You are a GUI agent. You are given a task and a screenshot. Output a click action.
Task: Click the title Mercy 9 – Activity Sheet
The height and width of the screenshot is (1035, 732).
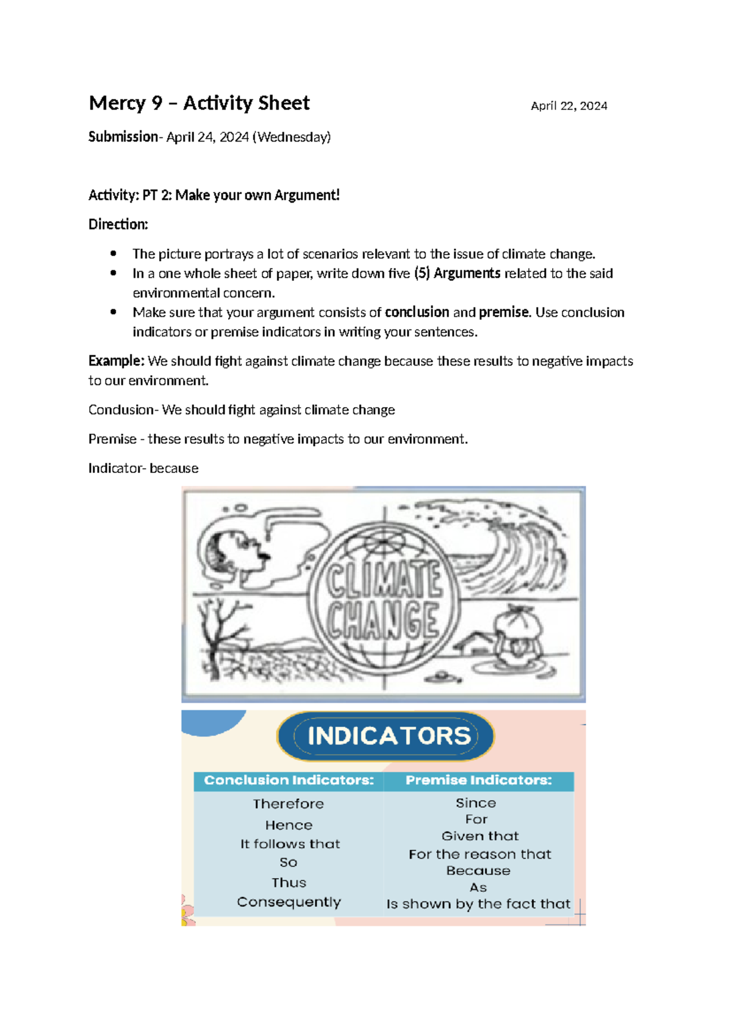pyautogui.click(x=199, y=103)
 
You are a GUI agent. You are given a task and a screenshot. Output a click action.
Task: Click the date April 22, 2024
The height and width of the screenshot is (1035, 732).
pyautogui.click(x=569, y=106)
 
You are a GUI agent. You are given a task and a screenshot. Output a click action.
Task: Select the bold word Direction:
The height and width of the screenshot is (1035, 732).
pyautogui.click(x=118, y=225)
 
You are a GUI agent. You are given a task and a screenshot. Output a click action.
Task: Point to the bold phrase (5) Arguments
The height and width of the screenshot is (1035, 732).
pyautogui.click(x=457, y=273)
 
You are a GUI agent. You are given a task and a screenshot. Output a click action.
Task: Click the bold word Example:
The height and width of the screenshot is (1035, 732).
pyautogui.click(x=117, y=361)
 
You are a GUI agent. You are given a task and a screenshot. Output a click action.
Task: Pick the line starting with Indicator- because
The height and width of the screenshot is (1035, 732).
pyautogui.click(x=143, y=469)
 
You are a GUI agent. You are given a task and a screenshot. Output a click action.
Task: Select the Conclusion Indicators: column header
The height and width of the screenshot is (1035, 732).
pyautogui.click(x=289, y=781)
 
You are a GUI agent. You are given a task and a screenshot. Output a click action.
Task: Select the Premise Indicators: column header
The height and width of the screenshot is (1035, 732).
pyautogui.click(x=479, y=781)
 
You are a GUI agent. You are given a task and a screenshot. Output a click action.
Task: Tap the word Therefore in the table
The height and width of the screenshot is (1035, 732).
pyautogui.click(x=289, y=804)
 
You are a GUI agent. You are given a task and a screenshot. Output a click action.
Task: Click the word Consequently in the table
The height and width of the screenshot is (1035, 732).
pyautogui.click(x=289, y=902)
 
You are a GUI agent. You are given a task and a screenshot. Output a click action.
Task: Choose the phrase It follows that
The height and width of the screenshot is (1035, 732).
pyautogui.click(x=290, y=844)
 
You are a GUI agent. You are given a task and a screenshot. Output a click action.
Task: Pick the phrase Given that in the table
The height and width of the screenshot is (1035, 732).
pyautogui.click(x=480, y=836)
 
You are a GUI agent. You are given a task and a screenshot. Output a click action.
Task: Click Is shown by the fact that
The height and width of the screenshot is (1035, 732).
pyautogui.click(x=478, y=904)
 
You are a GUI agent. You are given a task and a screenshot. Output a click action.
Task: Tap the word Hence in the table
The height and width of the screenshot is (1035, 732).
pyautogui.click(x=289, y=825)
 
